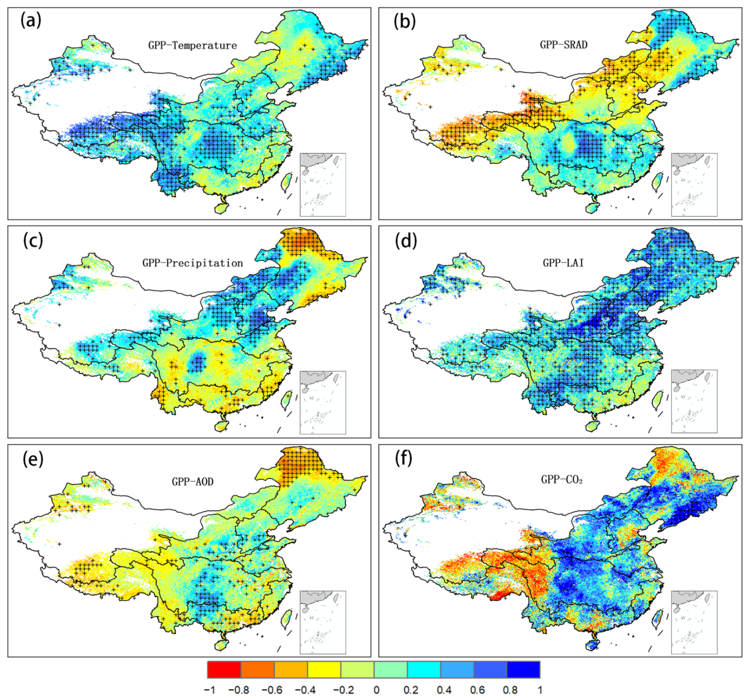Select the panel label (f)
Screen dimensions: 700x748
(x=404, y=459)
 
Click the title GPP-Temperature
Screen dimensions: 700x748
(x=192, y=46)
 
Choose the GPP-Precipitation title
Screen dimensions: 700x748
(x=192, y=263)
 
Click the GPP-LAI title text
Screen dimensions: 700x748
(x=563, y=263)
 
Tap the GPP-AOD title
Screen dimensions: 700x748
(x=192, y=482)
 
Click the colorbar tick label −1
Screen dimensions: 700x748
(x=209, y=690)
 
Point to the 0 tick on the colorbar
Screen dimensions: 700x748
(x=376, y=690)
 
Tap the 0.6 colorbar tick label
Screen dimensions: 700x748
(x=477, y=690)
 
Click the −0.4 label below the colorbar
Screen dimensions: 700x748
(x=305, y=690)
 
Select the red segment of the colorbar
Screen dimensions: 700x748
(x=224, y=669)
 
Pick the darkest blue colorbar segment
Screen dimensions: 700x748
(x=523, y=669)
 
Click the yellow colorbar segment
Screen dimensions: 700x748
(x=324, y=669)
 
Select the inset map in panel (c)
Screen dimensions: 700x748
(x=323, y=403)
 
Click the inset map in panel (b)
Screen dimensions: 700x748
(x=694, y=185)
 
